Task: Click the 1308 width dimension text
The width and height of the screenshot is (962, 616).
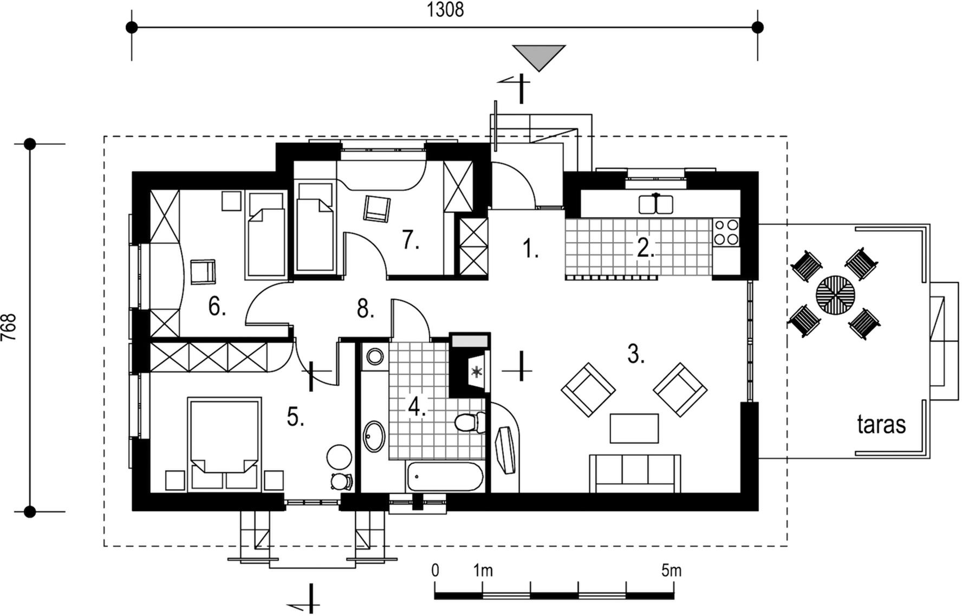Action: tap(445, 10)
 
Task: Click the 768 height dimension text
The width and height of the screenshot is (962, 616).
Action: tap(10, 328)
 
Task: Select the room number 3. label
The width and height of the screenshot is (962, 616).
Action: tap(636, 354)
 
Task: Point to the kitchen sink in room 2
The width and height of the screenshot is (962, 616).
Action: tap(656, 204)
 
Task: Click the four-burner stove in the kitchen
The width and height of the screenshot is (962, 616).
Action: tap(726, 231)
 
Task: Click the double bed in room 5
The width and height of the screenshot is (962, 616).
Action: tap(224, 444)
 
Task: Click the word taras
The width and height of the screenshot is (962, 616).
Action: tap(881, 425)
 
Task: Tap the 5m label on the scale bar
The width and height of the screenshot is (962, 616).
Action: tap(671, 570)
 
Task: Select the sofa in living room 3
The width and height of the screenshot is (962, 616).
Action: tap(635, 474)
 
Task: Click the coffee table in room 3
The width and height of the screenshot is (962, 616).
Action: tap(634, 429)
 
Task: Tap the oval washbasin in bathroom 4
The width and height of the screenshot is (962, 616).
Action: tap(374, 436)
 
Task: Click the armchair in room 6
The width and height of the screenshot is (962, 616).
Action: tap(203, 271)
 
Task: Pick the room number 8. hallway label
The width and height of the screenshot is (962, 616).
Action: tap(366, 309)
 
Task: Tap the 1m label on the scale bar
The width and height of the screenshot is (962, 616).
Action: tap(483, 570)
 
